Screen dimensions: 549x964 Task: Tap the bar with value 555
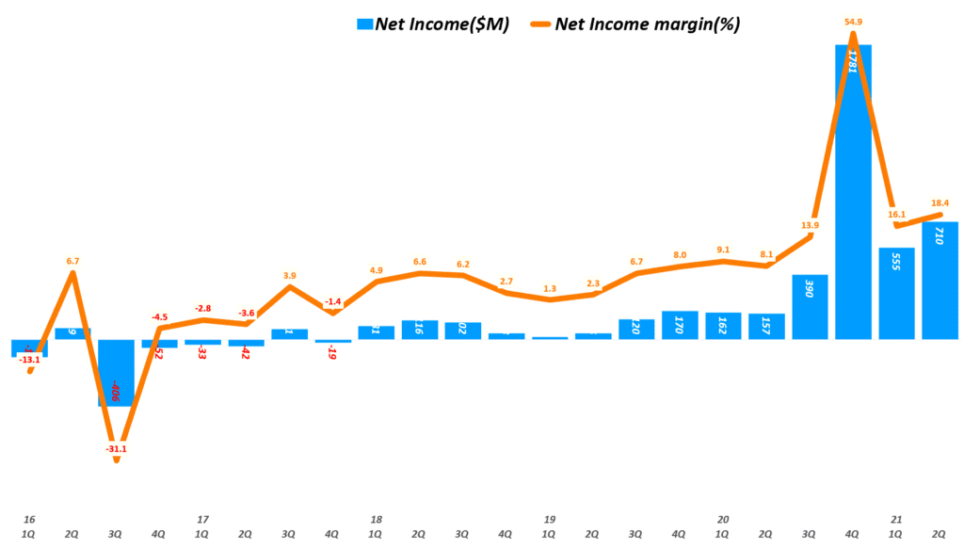pos(897,293)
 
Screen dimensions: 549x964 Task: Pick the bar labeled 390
pos(811,306)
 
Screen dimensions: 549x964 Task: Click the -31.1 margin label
pos(117,449)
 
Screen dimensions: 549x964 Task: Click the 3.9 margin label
pos(289,276)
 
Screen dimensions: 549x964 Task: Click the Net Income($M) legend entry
pos(442,25)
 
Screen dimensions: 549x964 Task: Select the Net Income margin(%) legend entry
pos(647,25)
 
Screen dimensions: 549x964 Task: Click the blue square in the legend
pos(363,25)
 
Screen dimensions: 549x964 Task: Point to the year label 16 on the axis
pos(28,519)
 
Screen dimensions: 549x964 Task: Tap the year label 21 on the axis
pos(895,519)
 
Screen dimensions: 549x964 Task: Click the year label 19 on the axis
pos(549,519)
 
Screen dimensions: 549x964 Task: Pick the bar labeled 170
pos(681,324)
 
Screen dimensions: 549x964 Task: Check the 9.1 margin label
pos(722,250)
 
